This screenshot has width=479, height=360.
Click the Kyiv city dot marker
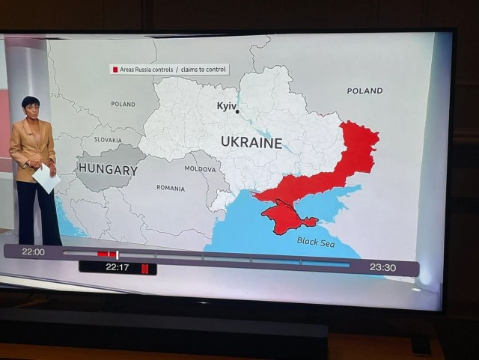tap(237, 111)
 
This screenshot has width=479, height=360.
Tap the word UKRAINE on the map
tap(251, 143)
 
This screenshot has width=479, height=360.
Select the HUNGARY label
tap(108, 170)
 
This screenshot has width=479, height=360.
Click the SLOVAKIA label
tap(108, 140)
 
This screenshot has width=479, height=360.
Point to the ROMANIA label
tap(171, 188)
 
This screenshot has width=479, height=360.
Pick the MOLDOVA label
tap(200, 169)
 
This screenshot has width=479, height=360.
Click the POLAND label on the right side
tap(364, 91)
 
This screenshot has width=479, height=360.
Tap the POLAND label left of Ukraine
tap(123, 104)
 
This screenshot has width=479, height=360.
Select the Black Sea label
tap(317, 241)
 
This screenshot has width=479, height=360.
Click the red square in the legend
tap(115, 70)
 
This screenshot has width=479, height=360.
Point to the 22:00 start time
tap(33, 252)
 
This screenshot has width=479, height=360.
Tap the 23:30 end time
tap(382, 266)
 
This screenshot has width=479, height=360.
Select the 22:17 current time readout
tap(117, 267)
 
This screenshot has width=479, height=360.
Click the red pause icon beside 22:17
tap(146, 267)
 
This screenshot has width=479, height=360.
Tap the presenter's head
tap(30, 106)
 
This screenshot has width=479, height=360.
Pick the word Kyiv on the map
tap(226, 106)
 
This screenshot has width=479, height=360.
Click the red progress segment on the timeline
tap(106, 254)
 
